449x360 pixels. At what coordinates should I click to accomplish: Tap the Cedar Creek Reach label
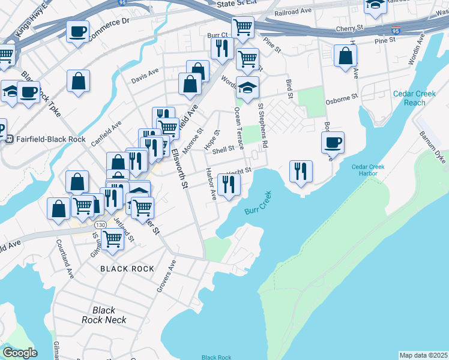(x=409, y=98)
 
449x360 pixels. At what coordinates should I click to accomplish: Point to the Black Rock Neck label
(x=104, y=315)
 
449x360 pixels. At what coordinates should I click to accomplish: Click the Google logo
(x=20, y=353)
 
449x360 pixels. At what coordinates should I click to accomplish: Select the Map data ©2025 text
(x=423, y=355)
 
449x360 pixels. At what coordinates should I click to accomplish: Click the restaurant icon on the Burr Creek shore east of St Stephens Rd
(x=301, y=171)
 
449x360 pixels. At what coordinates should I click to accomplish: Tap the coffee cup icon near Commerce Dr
(x=78, y=31)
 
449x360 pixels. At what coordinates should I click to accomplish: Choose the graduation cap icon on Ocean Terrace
(x=247, y=88)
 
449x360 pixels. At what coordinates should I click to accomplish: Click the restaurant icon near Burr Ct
(x=223, y=49)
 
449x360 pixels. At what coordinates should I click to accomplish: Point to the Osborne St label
(x=342, y=97)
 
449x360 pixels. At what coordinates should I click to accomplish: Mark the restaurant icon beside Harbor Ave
(x=229, y=184)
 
